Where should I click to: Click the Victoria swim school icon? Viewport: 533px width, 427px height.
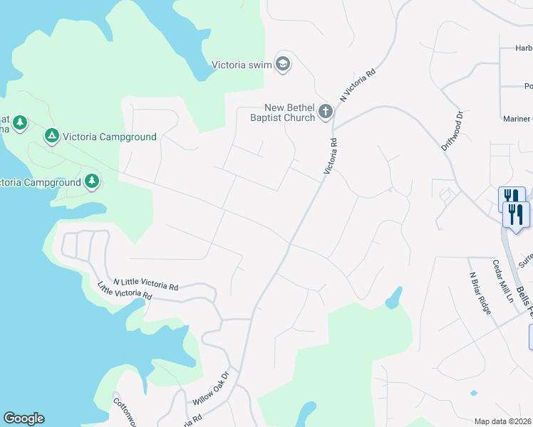[284, 65]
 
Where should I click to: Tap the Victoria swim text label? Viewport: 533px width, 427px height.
[242, 65]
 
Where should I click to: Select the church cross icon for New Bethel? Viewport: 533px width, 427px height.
[326, 111]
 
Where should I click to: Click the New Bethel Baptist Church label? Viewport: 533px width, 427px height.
[282, 112]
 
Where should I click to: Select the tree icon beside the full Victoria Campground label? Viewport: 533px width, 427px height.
[51, 135]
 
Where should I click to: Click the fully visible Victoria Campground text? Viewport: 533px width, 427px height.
[109, 137]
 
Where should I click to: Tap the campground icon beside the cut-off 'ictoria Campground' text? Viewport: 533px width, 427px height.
[91, 181]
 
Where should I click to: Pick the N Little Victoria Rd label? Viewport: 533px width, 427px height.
[145, 284]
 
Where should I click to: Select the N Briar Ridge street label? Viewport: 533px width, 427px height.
[480, 295]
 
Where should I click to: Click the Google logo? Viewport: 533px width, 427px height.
[24, 418]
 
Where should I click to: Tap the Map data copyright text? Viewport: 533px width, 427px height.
[502, 421]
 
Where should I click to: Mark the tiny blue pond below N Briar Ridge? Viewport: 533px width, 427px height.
[474, 392]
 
